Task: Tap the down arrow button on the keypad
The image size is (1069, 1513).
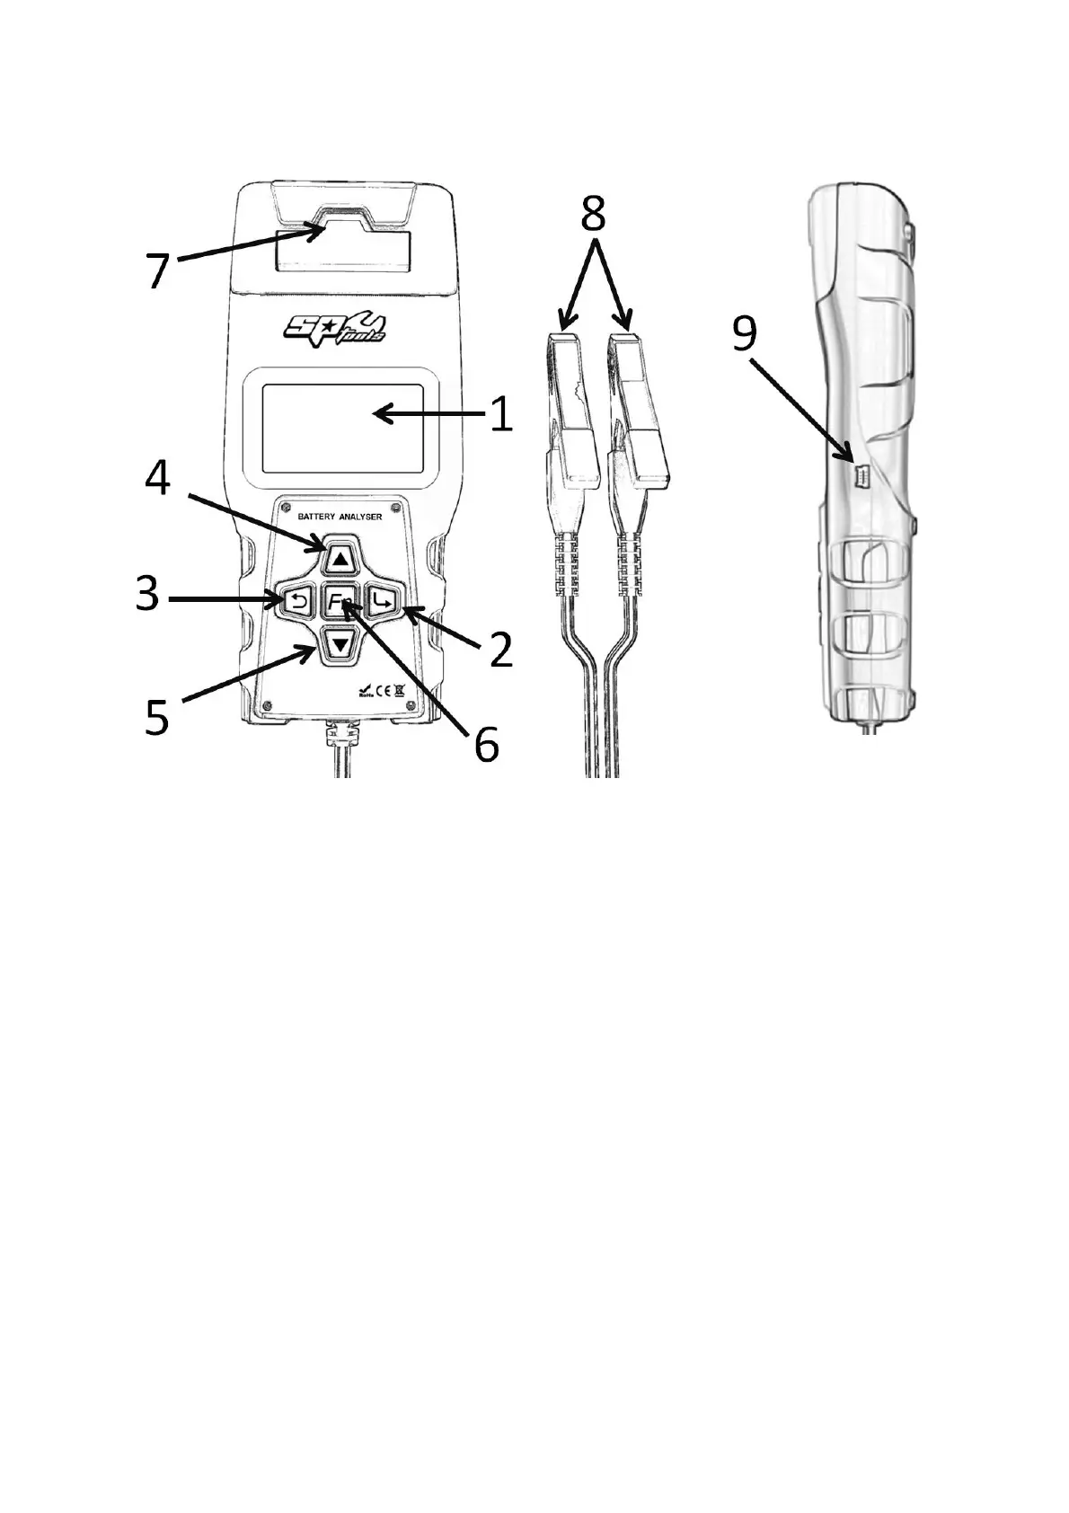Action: point(340,643)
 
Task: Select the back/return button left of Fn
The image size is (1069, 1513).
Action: point(297,601)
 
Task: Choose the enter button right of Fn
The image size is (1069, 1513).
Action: point(382,601)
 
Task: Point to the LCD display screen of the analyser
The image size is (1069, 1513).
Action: point(342,429)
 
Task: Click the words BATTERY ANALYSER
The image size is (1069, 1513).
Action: point(340,518)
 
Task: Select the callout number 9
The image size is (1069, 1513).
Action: point(746,334)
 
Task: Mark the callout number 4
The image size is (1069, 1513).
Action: point(158,479)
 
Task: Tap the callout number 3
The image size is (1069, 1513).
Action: point(147,595)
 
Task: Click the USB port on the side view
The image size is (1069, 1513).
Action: point(855,476)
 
